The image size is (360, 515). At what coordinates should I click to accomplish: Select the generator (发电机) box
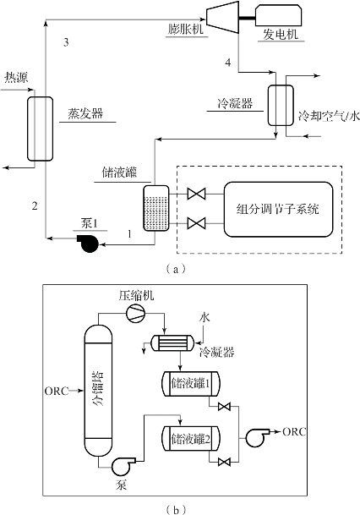[x=279, y=15]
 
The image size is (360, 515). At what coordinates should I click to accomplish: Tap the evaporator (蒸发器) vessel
[x=40, y=129]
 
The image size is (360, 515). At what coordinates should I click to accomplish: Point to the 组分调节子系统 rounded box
[x=278, y=209]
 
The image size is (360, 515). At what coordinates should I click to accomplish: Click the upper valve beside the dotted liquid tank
[x=196, y=194]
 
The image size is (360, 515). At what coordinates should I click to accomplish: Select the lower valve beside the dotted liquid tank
[x=196, y=223]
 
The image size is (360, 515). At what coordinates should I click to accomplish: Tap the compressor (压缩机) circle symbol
[x=135, y=314]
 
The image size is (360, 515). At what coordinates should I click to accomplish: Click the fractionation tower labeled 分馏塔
[x=98, y=391]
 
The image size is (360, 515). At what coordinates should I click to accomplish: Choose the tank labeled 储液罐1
[x=191, y=383]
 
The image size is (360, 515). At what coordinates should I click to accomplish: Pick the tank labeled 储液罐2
[x=191, y=439]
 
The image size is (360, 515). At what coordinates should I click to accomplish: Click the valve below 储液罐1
[x=224, y=408]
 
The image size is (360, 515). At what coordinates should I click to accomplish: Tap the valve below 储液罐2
[x=224, y=462]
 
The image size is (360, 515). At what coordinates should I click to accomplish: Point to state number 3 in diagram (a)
[x=66, y=42]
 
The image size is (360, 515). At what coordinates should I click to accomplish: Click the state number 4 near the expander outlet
[x=228, y=63]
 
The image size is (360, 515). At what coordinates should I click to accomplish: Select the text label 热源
[x=16, y=78]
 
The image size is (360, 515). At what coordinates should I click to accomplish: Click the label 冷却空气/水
[x=329, y=116]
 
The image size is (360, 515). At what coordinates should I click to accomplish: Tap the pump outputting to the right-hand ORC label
[x=257, y=437]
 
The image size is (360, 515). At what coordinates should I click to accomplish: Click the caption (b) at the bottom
[x=177, y=510]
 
